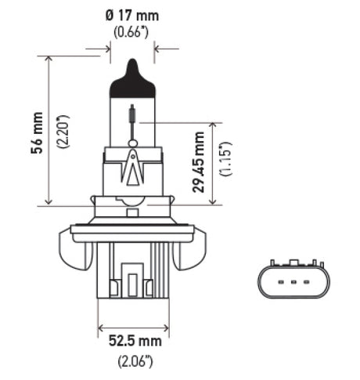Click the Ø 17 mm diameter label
coord(131,15)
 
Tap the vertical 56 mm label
coord(36,132)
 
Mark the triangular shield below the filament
coord(132,168)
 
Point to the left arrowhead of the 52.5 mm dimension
coord(100,328)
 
